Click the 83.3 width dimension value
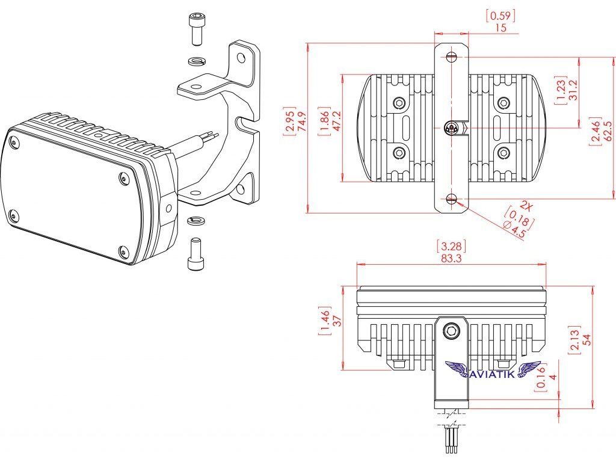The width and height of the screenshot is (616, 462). point(451,258)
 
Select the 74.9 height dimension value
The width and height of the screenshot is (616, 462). point(302,122)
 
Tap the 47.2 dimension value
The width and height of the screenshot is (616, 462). point(337,122)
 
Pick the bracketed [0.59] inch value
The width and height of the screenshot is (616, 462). point(500,16)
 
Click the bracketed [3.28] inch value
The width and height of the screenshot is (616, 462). point(451,246)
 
